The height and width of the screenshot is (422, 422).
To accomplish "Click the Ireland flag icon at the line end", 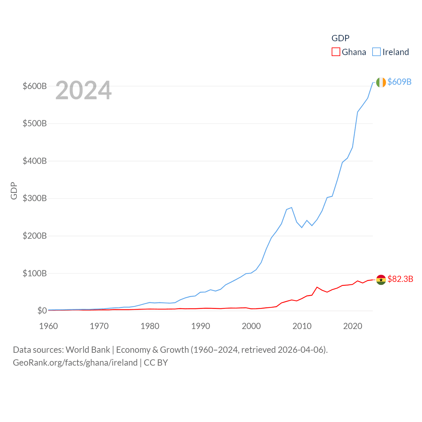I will (x=381, y=82).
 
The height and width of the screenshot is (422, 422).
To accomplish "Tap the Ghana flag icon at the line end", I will (x=381, y=280).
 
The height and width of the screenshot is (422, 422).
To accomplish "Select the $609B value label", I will (x=399, y=82).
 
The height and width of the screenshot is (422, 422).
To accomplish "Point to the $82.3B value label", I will (x=400, y=279).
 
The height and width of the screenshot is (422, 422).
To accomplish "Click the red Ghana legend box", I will (x=336, y=52).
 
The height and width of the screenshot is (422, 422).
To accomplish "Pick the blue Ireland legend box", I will (x=377, y=52).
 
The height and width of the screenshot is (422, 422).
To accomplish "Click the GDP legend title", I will (x=340, y=38).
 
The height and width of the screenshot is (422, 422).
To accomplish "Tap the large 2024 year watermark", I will (x=83, y=91).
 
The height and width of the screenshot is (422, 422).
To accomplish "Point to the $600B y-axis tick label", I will (x=35, y=86).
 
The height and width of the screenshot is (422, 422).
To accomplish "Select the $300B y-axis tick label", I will (x=35, y=198).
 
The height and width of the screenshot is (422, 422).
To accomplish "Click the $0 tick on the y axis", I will (x=42, y=311).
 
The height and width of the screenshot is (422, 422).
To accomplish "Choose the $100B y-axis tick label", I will (x=35, y=273).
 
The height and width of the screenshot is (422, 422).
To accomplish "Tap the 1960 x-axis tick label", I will (x=48, y=326).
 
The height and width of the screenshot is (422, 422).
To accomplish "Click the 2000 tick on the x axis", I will (x=251, y=326).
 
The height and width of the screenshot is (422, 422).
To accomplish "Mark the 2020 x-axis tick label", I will (x=353, y=326).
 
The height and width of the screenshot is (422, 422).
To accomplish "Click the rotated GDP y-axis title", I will (x=14, y=191).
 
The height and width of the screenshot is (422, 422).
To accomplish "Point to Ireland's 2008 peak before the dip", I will (x=292, y=207).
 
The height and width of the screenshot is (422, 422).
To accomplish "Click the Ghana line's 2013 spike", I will (x=317, y=287).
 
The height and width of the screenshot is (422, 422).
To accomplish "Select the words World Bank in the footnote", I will (x=88, y=349).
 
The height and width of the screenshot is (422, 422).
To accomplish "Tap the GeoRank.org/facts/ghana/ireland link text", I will (x=75, y=363).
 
